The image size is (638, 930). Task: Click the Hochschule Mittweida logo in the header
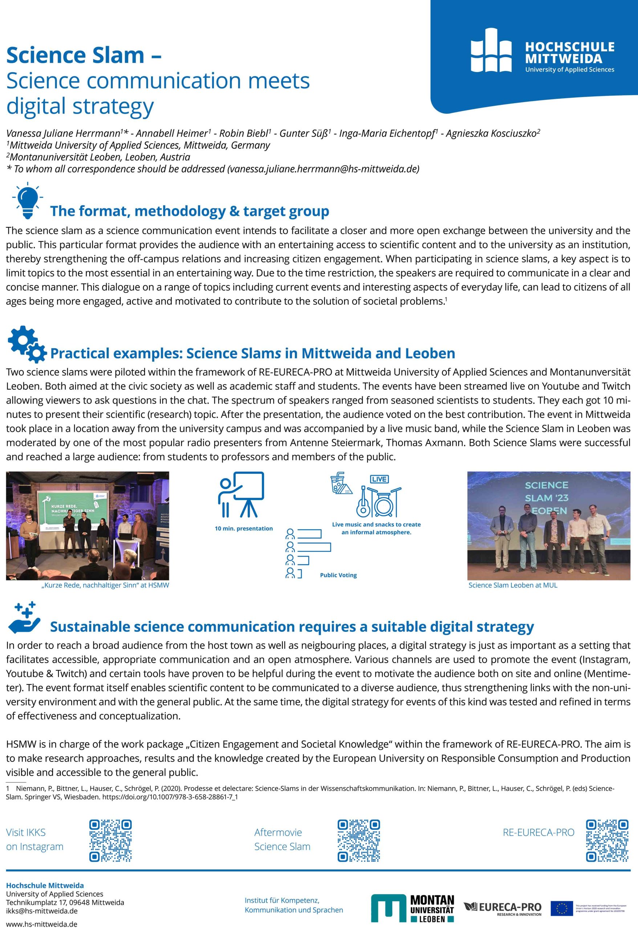pyautogui.click(x=542, y=50)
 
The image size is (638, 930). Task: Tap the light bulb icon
pyautogui.click(x=28, y=200)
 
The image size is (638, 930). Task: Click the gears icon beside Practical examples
pyautogui.click(x=27, y=344)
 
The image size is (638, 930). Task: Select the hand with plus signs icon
pyautogui.click(x=25, y=618)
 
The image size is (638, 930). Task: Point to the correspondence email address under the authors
pyautogui.click(x=323, y=169)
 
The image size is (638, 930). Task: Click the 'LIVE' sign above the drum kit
pyautogui.click(x=379, y=479)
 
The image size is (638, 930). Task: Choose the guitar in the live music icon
pyautogui.click(x=363, y=503)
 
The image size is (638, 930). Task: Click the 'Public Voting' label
pyautogui.click(x=338, y=575)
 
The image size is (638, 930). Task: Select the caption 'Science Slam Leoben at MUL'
pyautogui.click(x=513, y=585)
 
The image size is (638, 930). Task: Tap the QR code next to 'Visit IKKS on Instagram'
pyautogui.click(x=110, y=840)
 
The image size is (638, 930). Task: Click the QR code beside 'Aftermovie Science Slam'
pyautogui.click(x=359, y=840)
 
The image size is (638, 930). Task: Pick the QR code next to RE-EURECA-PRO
pyautogui.click(x=607, y=840)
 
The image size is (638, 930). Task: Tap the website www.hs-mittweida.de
pyautogui.click(x=42, y=924)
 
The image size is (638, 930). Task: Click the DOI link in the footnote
pyautogui.click(x=170, y=805)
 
